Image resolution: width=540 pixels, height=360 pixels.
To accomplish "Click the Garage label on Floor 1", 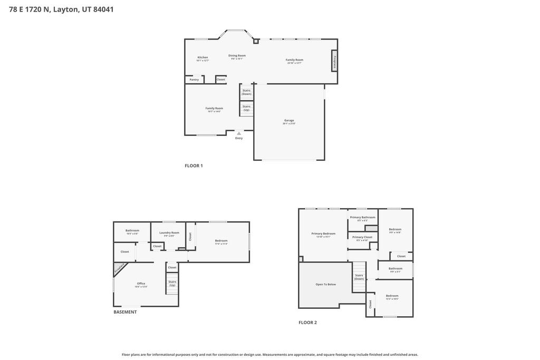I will point(289,120).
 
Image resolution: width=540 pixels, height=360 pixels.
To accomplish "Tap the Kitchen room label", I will point(202,57).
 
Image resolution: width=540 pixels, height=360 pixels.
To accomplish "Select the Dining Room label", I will point(237,55).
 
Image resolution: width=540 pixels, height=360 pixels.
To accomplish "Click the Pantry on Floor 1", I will point(194,80).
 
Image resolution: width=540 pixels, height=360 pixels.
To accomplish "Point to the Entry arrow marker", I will point(239,133).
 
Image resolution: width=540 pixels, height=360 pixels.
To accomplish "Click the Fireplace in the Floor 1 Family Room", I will point(334,61).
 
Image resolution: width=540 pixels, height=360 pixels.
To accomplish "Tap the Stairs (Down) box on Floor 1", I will point(246,92).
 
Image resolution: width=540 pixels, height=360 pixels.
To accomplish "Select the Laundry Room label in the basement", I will point(169,232).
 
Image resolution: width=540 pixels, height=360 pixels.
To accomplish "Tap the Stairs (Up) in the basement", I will point(172,283).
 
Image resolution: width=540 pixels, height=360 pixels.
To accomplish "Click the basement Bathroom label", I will point(132,230).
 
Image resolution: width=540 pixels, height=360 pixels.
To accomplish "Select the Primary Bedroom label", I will point(323,233).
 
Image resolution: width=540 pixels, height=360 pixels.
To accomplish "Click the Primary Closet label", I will point(362,237).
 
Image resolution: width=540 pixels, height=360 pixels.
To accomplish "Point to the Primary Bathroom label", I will point(363,217).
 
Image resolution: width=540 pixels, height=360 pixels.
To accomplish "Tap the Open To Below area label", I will point(325,284).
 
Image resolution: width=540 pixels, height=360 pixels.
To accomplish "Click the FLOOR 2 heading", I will point(307,323).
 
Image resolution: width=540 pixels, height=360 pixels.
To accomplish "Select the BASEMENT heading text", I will point(125,312).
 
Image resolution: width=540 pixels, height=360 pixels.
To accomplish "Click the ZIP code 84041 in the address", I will point(103,9).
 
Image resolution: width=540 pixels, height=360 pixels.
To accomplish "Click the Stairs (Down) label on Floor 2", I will point(359,277).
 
